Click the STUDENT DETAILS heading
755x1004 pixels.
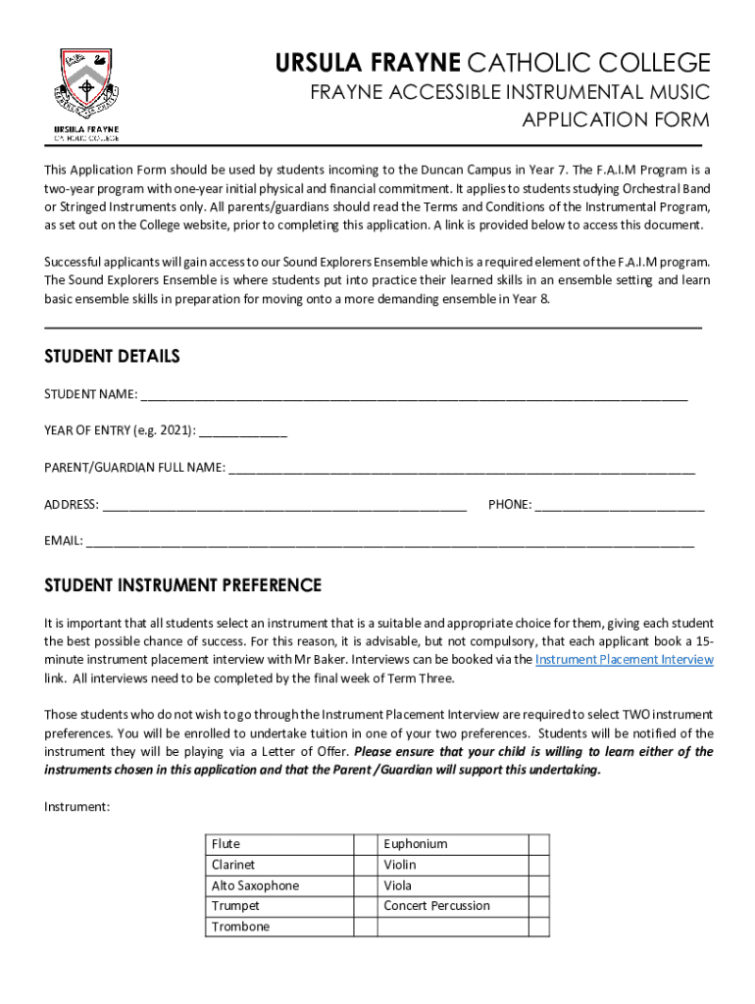[x=112, y=356]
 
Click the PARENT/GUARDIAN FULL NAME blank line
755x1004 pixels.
[x=461, y=469]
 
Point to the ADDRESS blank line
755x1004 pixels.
[x=284, y=507]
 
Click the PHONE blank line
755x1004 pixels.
[x=620, y=507]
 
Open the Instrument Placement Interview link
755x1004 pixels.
[x=624, y=660]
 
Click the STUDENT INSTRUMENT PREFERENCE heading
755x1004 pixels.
[x=182, y=585]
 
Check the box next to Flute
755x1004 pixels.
[x=366, y=844]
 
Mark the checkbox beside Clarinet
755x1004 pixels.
[x=366, y=865]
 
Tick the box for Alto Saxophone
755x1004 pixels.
[x=366, y=885]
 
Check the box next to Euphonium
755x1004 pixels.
[x=538, y=844]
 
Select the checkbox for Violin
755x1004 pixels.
[x=538, y=865]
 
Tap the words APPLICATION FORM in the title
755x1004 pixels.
[x=615, y=121]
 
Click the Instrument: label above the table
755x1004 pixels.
[x=77, y=807]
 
